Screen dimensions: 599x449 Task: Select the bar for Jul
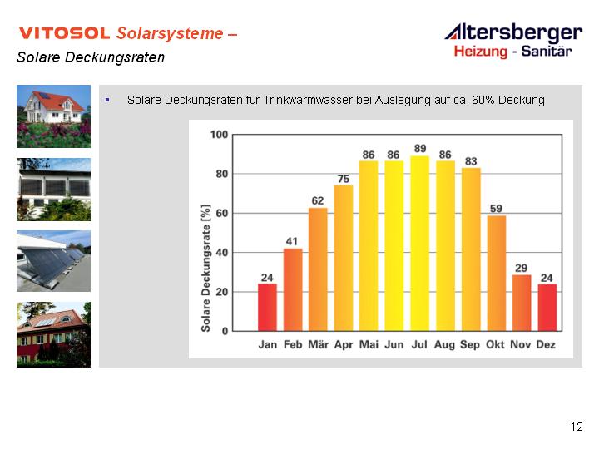[419, 243]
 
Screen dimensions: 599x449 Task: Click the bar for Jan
[267, 308]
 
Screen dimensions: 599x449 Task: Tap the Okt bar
[496, 273]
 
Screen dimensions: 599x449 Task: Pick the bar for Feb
[293, 290]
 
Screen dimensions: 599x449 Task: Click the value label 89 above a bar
[420, 149]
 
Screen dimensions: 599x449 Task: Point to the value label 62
[318, 201]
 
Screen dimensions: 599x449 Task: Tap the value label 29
[521, 268]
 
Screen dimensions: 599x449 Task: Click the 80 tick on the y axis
[221, 174]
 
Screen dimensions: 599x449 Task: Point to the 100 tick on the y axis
[219, 135]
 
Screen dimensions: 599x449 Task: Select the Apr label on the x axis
[344, 345]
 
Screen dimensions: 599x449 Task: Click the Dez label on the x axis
[546, 345]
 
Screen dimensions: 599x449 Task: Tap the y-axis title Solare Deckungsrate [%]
[205, 269]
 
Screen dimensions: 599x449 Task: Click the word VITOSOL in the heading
[65, 33]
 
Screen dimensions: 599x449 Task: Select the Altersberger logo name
[514, 32]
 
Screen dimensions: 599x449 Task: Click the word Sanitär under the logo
[547, 52]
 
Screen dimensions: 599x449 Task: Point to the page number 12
[577, 427]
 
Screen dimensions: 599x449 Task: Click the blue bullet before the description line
[107, 100]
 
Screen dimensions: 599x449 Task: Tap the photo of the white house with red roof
[53, 116]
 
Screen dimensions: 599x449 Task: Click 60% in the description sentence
[483, 100]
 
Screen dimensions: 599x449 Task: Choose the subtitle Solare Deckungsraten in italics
[91, 57]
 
